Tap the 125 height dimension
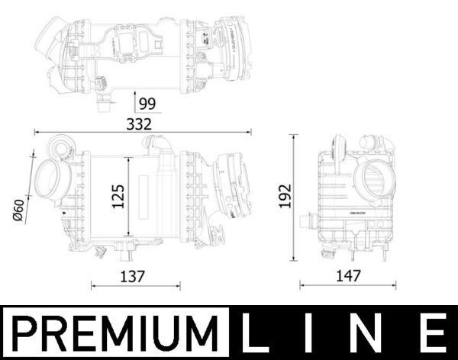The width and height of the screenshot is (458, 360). (116, 197)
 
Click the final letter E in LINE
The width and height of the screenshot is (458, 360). (432, 333)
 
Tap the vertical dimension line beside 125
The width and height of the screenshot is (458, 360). (127, 197)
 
